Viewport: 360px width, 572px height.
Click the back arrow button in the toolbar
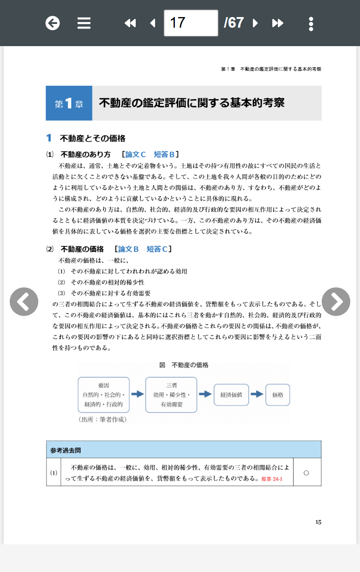pos(53,23)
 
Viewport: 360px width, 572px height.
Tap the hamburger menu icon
pos(84,23)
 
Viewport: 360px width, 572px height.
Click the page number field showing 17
pos(191,23)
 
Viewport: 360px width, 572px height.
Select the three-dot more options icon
pos(311,24)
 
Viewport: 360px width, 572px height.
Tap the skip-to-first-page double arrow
pos(130,23)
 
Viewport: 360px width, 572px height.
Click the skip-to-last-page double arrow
pos(277,23)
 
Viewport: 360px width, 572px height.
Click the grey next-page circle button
pos(336,302)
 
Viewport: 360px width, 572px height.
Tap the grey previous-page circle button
pos(24,302)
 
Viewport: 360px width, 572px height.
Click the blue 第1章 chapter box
pos(69,103)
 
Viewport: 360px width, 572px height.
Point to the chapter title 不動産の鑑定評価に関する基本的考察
pos(192,103)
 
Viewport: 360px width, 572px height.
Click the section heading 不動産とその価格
pos(92,138)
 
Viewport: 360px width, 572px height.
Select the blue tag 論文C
pos(136,155)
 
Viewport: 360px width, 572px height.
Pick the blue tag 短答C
pos(157,249)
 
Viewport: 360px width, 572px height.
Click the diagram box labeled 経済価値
pos(231,395)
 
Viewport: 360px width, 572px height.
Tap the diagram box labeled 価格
pos(278,395)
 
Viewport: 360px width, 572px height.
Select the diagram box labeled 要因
pos(103,395)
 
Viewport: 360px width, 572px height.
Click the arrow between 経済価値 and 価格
pos(257,394)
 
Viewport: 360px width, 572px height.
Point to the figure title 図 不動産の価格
pos(184,365)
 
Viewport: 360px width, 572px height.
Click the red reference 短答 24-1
pos(271,479)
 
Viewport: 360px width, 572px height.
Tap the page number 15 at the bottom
pos(318,522)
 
